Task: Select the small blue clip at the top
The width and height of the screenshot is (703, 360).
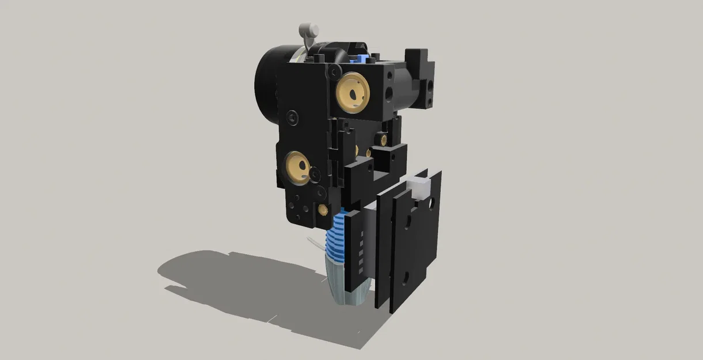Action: [x=361, y=57]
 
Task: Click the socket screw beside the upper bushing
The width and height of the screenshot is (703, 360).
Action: [x=333, y=70]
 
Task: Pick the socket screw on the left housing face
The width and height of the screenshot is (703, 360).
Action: [x=293, y=116]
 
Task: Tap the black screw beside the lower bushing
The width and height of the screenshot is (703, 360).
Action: [x=315, y=173]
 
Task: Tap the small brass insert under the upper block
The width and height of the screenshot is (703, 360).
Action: [x=383, y=138]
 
